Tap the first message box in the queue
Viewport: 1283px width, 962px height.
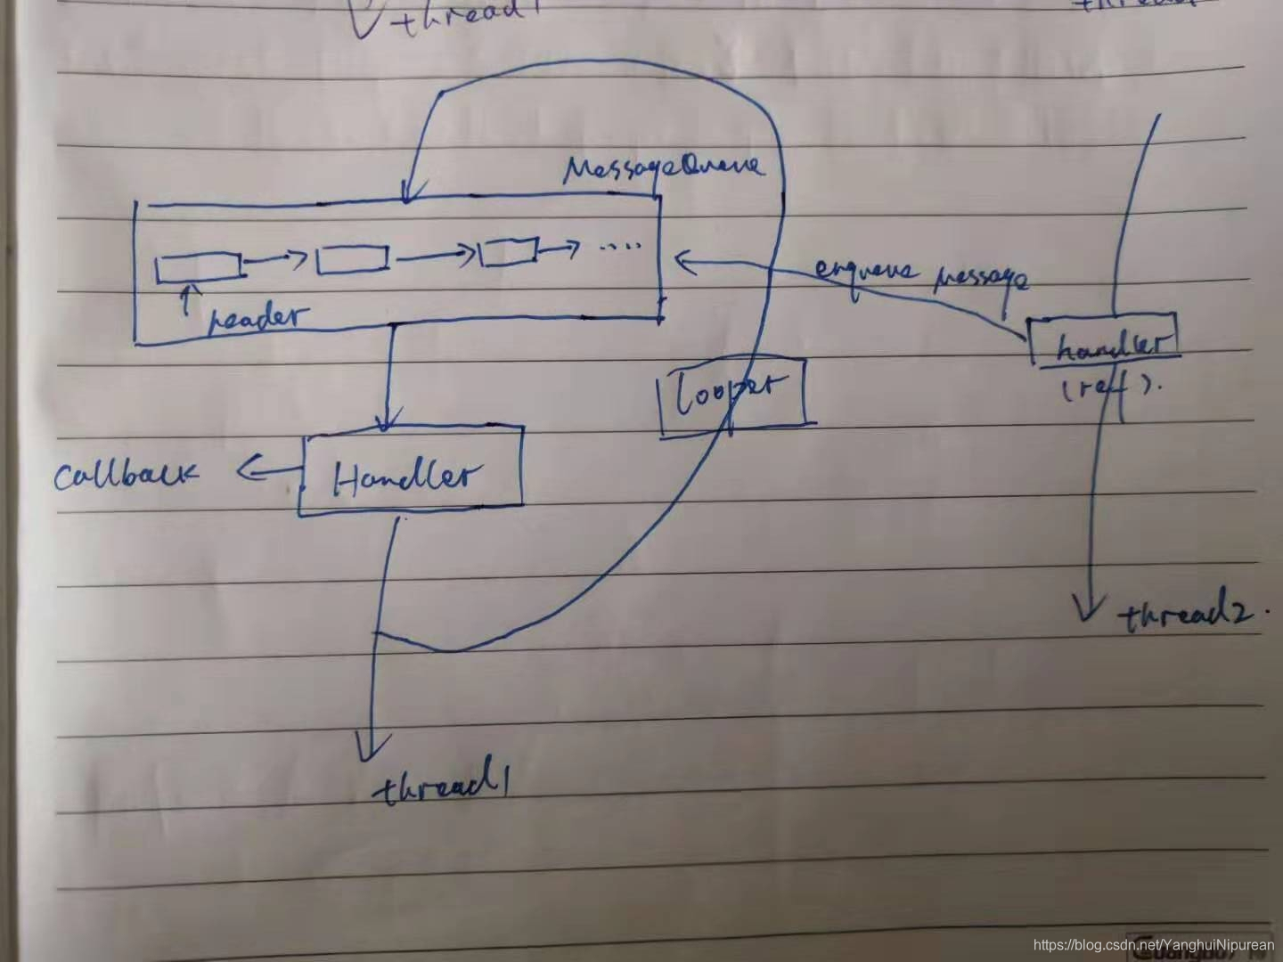198,266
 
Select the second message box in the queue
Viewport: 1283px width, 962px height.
353,259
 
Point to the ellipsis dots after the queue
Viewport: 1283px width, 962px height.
621,247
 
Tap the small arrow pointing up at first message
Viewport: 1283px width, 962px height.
185,298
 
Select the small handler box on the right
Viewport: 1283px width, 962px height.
1105,341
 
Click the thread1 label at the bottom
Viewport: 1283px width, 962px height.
445,787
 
